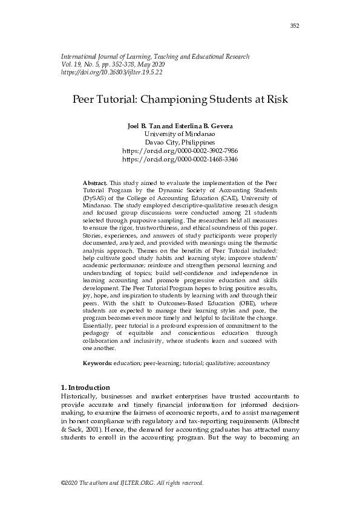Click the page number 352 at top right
[x=295, y=25]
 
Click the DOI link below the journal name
[x=112, y=72]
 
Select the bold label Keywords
[x=97, y=363]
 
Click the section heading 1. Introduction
[x=85, y=387]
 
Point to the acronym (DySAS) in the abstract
[x=96, y=198]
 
